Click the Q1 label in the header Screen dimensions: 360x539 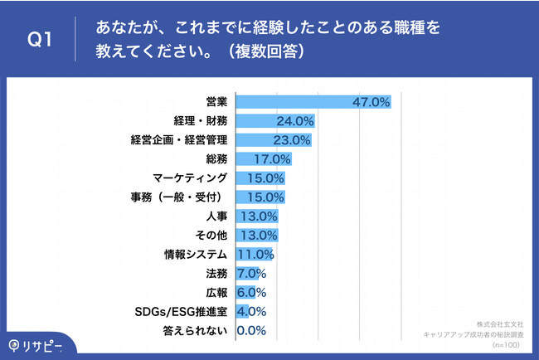(40, 39)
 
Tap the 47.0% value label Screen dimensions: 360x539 (370, 102)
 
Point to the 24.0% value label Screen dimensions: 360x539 (294, 121)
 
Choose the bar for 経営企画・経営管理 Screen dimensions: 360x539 (274, 140)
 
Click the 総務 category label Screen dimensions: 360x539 (217, 159)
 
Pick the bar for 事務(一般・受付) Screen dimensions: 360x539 (260, 197)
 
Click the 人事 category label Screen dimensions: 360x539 (217, 216)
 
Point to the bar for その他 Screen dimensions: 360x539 (257, 236)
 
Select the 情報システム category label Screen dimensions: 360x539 (195, 255)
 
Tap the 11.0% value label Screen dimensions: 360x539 (255, 255)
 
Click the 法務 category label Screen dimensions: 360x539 (217, 274)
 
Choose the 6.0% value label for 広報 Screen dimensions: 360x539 (251, 293)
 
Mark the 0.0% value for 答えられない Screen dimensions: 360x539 (251, 331)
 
